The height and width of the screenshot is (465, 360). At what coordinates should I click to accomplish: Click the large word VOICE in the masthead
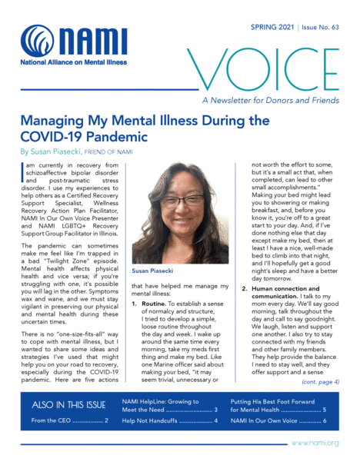pos(262,67)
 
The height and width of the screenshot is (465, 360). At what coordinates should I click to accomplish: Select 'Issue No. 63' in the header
pos(322,25)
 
